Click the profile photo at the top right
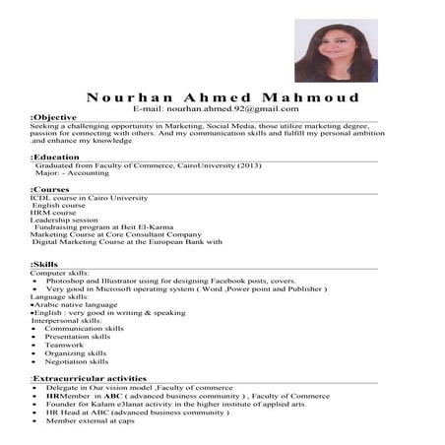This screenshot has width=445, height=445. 335,50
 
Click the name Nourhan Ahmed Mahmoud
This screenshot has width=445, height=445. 222,97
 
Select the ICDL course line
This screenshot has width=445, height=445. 89,197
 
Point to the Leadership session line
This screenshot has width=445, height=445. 65,221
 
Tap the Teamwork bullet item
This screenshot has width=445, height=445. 64,344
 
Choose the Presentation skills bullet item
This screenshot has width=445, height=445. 78,336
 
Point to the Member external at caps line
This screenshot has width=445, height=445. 90,420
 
